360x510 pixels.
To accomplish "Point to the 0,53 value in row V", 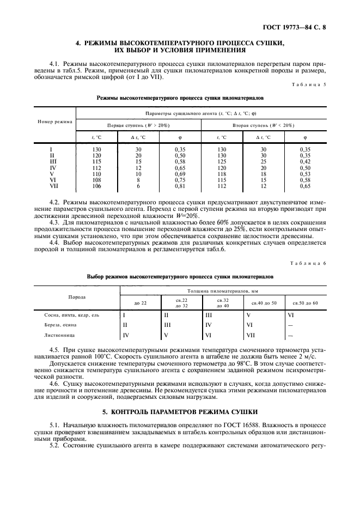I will [305, 173].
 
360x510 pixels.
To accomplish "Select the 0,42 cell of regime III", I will [305, 161].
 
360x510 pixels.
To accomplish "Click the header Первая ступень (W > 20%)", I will [138, 125].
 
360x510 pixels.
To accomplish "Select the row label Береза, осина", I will [60, 325].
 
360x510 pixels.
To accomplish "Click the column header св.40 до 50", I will [264, 302].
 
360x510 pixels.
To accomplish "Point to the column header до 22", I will [141, 302].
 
